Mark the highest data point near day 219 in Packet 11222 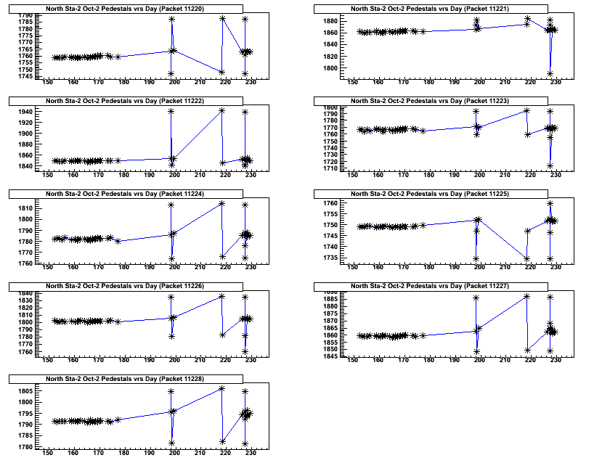(221, 110)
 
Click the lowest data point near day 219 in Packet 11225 (526, 258)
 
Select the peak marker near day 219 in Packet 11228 (221, 388)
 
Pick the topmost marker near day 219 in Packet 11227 (526, 296)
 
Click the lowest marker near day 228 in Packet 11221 (550, 73)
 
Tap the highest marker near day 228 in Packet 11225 (550, 203)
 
